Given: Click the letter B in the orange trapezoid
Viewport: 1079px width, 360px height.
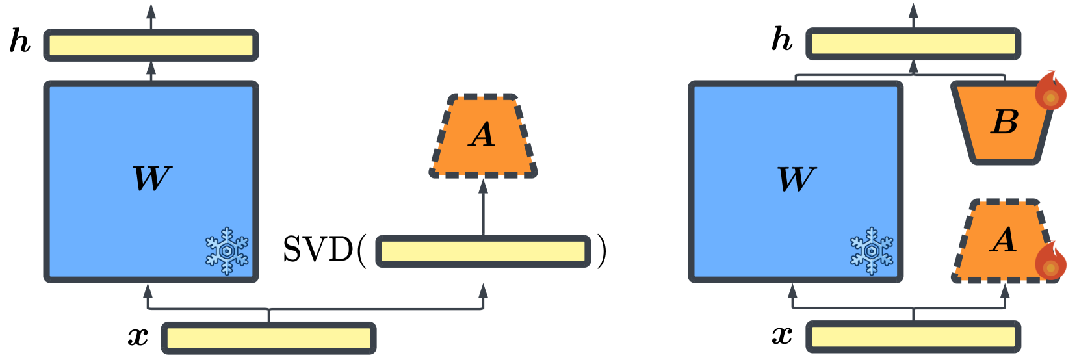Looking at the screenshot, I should [1004, 122].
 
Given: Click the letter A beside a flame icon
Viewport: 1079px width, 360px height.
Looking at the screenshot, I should [1004, 240].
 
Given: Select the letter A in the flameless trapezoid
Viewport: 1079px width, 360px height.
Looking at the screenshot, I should [482, 135].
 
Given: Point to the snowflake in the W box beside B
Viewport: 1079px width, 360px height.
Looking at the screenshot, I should [872, 251].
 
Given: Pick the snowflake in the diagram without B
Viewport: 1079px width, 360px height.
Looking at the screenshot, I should [227, 251].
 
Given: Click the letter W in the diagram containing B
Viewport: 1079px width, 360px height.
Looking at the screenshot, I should [796, 179].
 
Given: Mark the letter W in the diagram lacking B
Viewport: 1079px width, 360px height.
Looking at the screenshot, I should [151, 179].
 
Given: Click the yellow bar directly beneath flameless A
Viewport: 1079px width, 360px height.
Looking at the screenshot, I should [483, 251].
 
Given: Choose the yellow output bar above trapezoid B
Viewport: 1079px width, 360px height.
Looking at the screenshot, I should [913, 44].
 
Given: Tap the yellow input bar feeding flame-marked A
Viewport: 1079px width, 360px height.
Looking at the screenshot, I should [913, 337].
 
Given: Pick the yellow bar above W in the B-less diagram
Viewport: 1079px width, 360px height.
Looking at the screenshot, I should [151, 45].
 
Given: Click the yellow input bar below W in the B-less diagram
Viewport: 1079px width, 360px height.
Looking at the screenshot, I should [268, 338].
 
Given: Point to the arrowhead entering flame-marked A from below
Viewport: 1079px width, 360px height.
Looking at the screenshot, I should [1005, 290].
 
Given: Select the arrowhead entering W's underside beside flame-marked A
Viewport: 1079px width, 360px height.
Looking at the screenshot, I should [792, 290].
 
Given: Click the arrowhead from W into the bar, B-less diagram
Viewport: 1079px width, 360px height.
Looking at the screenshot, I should [151, 68].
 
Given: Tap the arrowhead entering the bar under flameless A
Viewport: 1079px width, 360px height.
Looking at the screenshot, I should [483, 290].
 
